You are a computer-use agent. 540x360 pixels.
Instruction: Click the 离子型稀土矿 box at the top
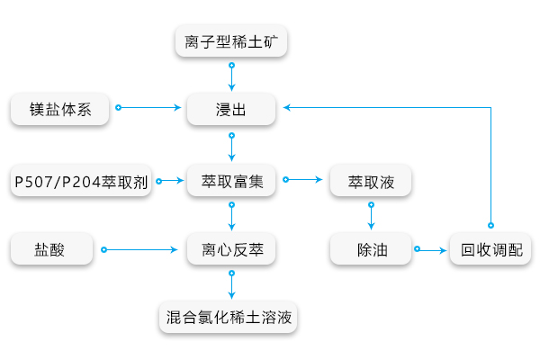click(x=232, y=41)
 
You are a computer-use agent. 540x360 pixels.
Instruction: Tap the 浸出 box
click(x=232, y=109)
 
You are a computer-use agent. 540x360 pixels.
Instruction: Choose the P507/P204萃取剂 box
click(x=81, y=181)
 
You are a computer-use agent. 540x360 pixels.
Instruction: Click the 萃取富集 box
click(x=232, y=181)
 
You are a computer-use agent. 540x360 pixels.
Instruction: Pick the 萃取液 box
click(x=371, y=181)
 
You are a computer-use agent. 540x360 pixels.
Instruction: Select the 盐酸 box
click(x=51, y=248)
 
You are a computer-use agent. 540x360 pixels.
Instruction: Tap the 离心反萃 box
click(x=232, y=248)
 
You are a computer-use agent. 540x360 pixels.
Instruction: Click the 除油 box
click(x=371, y=248)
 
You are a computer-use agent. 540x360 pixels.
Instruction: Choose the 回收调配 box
click(x=490, y=248)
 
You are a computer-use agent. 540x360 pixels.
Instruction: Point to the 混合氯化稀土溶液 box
click(x=232, y=318)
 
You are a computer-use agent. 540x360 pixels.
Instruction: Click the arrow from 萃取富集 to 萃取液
click(x=304, y=181)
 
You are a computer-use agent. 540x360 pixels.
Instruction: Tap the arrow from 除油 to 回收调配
click(x=432, y=248)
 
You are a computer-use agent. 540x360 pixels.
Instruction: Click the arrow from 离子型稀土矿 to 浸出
click(x=232, y=76)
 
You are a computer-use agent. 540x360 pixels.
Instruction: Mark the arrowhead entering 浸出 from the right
click(x=287, y=108)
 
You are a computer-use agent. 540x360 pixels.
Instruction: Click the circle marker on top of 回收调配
click(x=490, y=224)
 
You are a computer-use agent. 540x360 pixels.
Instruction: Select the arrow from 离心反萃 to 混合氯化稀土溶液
click(x=232, y=283)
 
